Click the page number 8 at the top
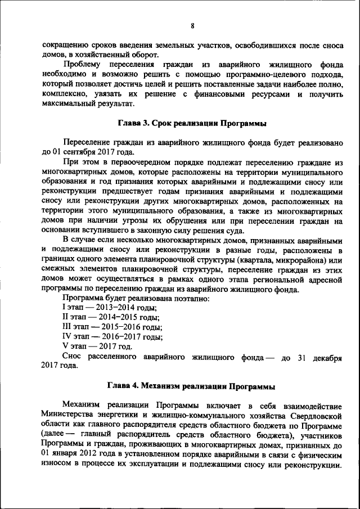[192, 26]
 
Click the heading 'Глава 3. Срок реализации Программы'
[192, 123]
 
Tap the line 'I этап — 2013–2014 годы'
[109, 307]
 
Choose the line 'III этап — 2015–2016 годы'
[112, 327]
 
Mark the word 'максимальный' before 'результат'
[69, 105]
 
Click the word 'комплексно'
[64, 94]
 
